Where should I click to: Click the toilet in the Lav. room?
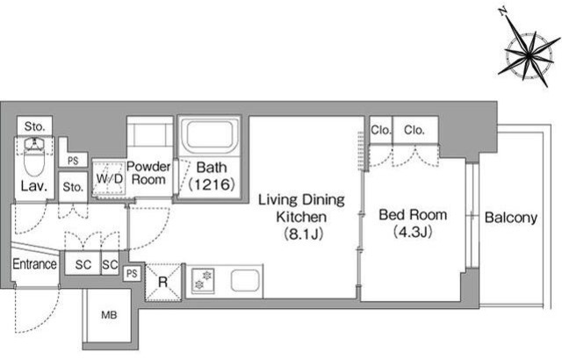click(x=34, y=157)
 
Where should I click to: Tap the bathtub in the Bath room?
click(x=210, y=134)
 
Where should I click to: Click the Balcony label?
click(x=511, y=218)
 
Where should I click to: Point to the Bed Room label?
click(x=413, y=215)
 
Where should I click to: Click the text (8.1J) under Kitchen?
click(x=304, y=234)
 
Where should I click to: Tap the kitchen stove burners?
click(x=203, y=280)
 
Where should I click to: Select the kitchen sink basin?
click(x=245, y=280)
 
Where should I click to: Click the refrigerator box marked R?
click(x=163, y=282)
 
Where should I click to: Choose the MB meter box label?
click(x=109, y=315)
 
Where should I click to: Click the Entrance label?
click(x=34, y=264)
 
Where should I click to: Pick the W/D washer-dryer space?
click(x=109, y=178)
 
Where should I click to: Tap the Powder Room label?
click(x=148, y=173)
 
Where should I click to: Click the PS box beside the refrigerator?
click(x=132, y=274)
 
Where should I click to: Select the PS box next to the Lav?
click(x=73, y=160)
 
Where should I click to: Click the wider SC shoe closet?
click(x=83, y=264)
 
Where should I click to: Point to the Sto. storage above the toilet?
click(x=35, y=126)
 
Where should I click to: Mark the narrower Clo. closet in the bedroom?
click(x=380, y=130)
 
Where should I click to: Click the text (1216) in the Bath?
click(x=212, y=184)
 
